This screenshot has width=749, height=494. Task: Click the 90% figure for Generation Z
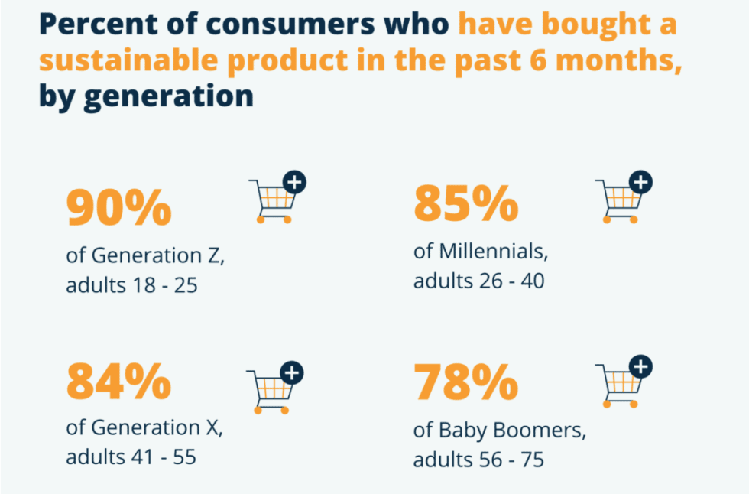point(118,209)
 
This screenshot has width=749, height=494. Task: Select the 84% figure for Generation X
point(118,382)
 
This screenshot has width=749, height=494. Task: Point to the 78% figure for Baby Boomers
point(465,384)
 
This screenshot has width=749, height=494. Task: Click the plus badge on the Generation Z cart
point(294,182)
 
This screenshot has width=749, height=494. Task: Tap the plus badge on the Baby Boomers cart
point(641,367)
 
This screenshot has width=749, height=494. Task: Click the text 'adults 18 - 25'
point(131,285)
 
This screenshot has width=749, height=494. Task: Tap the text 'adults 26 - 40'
point(478,281)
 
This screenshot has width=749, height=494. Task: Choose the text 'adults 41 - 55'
point(131,457)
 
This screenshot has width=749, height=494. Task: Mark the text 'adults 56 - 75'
point(478,460)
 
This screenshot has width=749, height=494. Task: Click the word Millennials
point(491,252)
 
